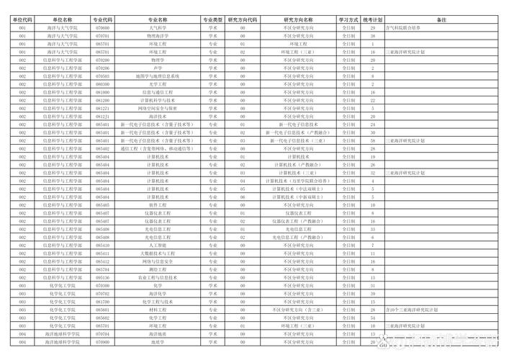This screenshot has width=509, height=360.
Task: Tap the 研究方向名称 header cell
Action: pyautogui.click(x=298, y=19)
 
